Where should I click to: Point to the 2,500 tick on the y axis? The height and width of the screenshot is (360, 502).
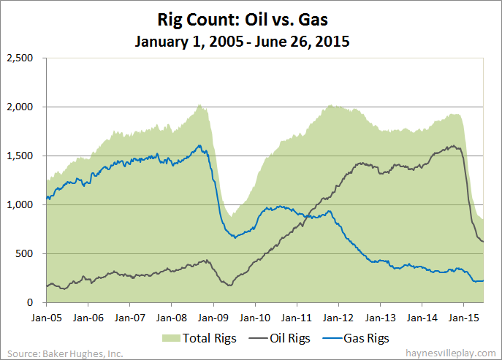pyautogui.click(x=21, y=58)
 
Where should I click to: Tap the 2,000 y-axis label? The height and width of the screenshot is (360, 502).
pyautogui.click(x=21, y=107)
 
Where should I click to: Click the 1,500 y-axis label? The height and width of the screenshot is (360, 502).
pyautogui.click(x=21, y=156)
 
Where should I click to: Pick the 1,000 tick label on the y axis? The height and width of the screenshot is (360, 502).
pyautogui.click(x=21, y=205)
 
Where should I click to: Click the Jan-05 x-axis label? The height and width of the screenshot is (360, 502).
pyautogui.click(x=46, y=318)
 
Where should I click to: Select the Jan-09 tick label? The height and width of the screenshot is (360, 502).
pyautogui.click(x=213, y=318)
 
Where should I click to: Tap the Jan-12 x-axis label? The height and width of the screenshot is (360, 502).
pyautogui.click(x=338, y=318)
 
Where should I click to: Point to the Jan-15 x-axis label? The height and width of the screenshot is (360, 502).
pyautogui.click(x=463, y=318)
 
